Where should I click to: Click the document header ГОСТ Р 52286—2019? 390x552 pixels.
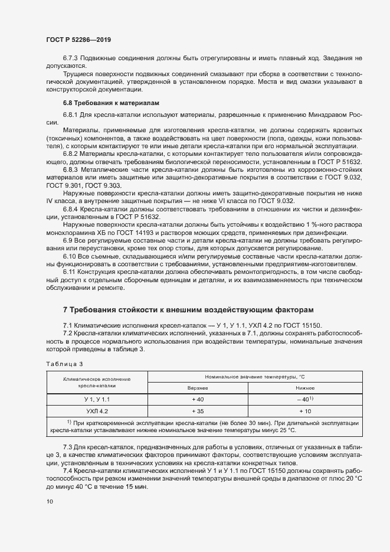[78, 40]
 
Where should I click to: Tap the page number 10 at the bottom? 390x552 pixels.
[49, 501]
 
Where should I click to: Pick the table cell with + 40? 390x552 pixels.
[198, 399]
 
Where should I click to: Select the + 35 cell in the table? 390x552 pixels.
[198, 410]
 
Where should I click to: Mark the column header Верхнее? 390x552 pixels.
[198, 388]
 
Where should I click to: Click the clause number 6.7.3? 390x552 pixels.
[71, 58]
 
